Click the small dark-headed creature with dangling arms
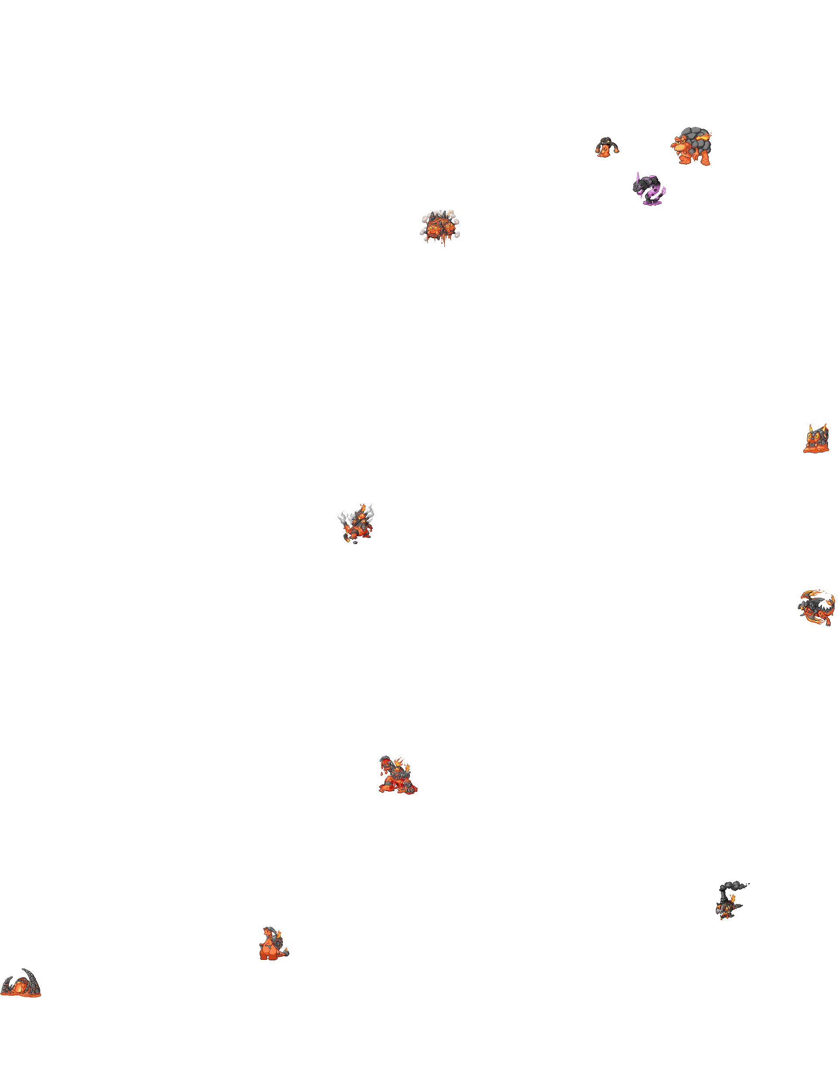[x=607, y=147]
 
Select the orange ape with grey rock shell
[x=691, y=147]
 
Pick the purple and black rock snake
[x=649, y=188]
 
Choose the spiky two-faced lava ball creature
[x=440, y=230]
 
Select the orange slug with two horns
[x=816, y=440]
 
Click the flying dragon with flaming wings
[x=816, y=607]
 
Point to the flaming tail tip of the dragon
[x=831, y=598]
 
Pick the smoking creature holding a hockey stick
[x=356, y=524]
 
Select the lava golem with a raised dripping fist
[x=398, y=775]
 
